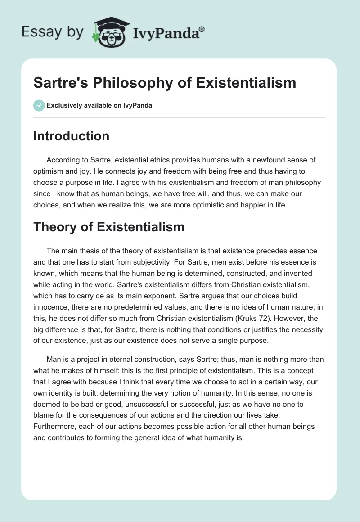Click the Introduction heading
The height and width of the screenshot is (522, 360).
click(72, 136)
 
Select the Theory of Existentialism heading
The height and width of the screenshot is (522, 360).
click(109, 227)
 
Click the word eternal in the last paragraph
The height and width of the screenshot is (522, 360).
click(125, 359)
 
